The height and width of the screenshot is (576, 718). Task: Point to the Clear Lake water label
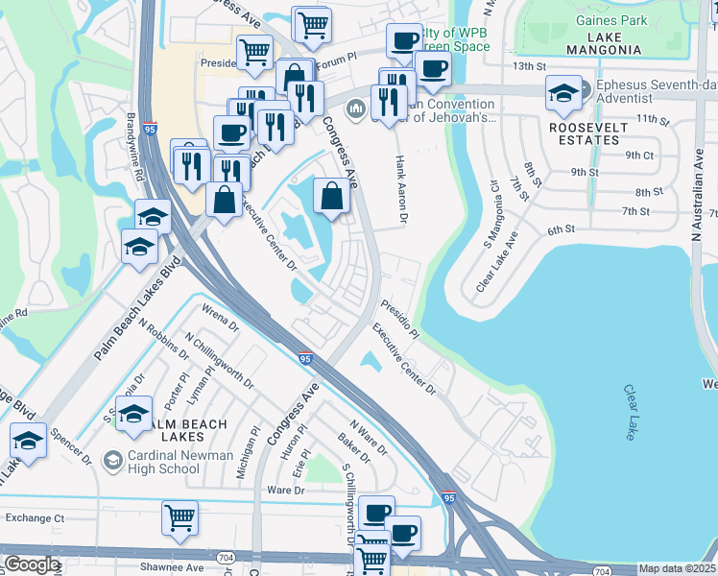[631, 413]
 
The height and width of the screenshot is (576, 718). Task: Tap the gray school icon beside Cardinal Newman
[112, 462]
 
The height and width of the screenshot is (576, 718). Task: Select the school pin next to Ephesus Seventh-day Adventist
[563, 93]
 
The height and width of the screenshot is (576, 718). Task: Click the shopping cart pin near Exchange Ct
[179, 517]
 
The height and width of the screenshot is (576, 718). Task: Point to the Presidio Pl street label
[398, 316]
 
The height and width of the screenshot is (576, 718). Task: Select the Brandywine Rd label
[133, 148]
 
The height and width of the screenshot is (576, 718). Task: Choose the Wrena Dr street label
[220, 318]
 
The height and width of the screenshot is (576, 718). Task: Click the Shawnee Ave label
[171, 566]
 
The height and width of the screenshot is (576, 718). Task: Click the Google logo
[32, 564]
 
